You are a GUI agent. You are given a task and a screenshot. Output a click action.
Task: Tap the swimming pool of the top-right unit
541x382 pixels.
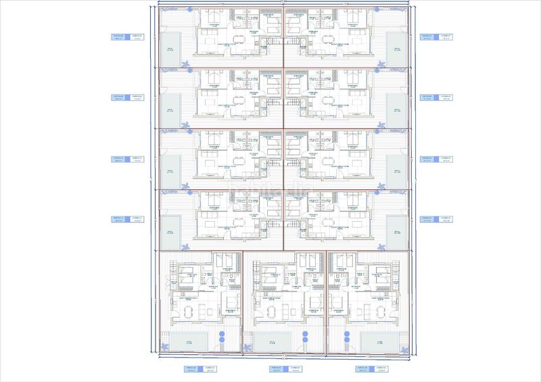pos(395,48)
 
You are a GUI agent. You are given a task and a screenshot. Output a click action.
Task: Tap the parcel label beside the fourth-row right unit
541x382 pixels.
pos(436,219)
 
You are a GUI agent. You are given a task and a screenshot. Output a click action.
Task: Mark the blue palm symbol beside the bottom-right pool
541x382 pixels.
pos(406,348)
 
